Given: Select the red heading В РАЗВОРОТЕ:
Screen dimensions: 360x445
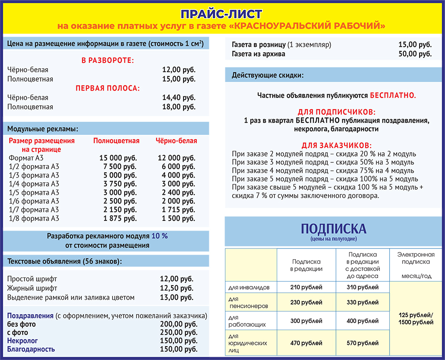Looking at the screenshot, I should (108, 60).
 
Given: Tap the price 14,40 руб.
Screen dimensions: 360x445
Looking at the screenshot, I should (179, 97).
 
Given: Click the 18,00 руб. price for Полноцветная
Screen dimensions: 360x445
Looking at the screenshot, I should (179, 107).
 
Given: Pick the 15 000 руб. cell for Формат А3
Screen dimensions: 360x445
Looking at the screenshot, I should (118, 158).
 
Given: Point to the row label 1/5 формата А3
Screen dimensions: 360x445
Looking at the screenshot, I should (34, 193).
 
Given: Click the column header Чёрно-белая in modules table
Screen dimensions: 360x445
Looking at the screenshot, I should (176, 141).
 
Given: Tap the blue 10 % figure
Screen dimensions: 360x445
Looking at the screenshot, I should (159, 236).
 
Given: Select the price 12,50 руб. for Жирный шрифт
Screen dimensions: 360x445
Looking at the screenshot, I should (177, 288).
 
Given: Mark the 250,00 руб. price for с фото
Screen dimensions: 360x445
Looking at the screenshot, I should (179, 333).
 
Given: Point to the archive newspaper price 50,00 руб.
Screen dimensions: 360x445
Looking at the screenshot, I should (415, 54).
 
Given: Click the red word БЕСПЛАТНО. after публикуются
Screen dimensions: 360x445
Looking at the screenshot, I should (393, 95).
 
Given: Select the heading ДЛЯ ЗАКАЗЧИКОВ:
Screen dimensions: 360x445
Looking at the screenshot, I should (337, 146).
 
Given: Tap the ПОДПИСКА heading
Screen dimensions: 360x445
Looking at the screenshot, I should (333, 229).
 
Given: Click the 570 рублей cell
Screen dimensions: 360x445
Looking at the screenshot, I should (362, 343).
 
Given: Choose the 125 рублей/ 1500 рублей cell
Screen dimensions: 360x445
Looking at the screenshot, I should (416, 319).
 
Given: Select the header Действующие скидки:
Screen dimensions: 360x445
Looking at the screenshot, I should (267, 75).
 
